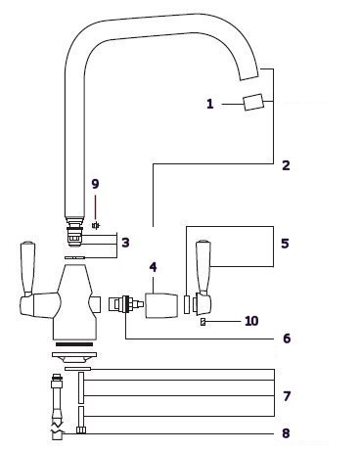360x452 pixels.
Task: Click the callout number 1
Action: pyautogui.click(x=210, y=104)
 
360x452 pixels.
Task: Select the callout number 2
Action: pyautogui.click(x=286, y=165)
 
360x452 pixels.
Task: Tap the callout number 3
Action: pyautogui.click(x=125, y=243)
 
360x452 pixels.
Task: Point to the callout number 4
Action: pyautogui.click(x=153, y=267)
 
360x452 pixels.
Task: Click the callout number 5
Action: pyautogui.click(x=285, y=244)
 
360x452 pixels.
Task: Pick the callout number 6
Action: pyautogui.click(x=287, y=339)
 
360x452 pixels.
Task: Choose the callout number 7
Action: pyautogui.click(x=287, y=396)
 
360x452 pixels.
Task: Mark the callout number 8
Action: pyautogui.click(x=286, y=433)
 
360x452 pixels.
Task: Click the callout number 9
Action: pyautogui.click(x=95, y=184)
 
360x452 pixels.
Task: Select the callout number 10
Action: pyautogui.click(x=251, y=321)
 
